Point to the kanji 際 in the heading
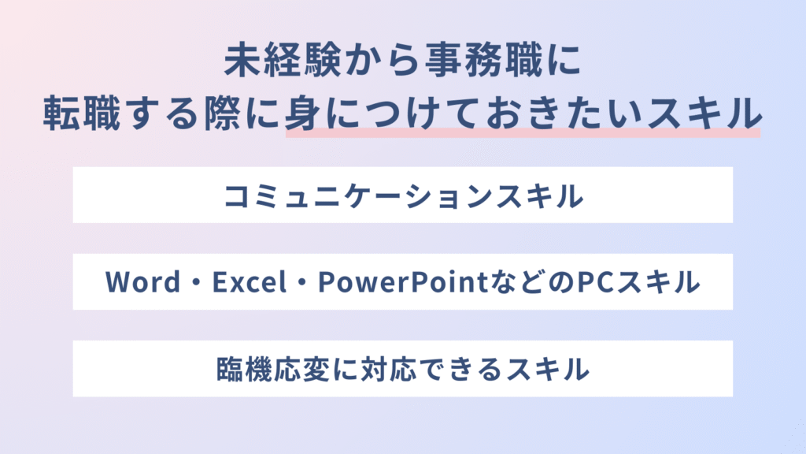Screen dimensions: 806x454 tap(222, 113)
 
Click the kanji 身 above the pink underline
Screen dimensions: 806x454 tap(303, 113)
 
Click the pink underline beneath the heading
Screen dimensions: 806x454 tap(523, 132)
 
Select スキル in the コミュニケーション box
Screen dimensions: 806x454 tap(540, 196)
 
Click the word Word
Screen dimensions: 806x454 tap(143, 282)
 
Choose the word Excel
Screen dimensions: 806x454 tap(250, 282)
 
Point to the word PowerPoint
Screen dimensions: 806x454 tap(402, 282)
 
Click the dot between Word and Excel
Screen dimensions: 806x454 tap(197, 283)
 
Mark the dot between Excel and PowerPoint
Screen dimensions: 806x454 tap(303, 283)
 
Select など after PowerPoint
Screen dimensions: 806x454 tap(516, 282)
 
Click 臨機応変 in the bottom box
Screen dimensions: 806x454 tap(273, 369)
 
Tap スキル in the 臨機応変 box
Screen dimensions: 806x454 tap(548, 369)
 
